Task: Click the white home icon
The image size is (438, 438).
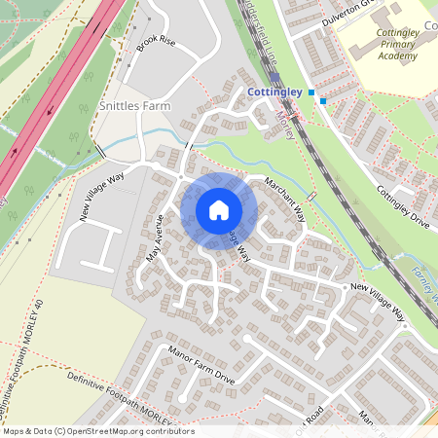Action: tap(219, 210)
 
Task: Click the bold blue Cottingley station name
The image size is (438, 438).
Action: tap(276, 91)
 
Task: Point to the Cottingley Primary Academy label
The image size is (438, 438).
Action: tap(396, 44)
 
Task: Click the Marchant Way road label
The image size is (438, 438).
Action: tap(285, 201)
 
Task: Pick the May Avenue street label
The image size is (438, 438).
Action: tap(155, 238)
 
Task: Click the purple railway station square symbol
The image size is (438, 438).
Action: tap(275, 78)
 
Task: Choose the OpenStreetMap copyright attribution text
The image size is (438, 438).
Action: tap(97, 430)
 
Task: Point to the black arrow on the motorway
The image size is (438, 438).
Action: tap(15, 153)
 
